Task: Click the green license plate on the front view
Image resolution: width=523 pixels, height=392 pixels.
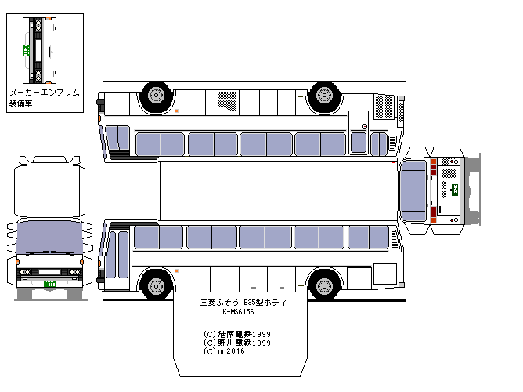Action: pos(49,283)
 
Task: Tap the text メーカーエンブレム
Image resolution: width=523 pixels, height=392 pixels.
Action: pos(44,93)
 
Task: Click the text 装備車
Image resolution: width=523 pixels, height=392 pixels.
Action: pos(21,103)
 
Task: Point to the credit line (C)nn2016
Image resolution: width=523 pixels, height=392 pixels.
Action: pos(222,351)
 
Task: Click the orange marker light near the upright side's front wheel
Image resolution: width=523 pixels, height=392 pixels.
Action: pos(176,271)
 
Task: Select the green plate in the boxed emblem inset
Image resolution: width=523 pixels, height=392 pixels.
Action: pos(25,50)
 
